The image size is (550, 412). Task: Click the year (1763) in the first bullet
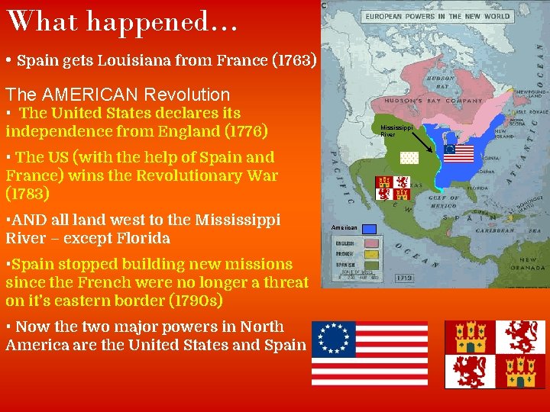click(x=294, y=60)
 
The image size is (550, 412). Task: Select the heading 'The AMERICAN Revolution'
click(x=118, y=95)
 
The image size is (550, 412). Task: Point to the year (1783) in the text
click(x=27, y=194)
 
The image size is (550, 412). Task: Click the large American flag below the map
click(x=370, y=353)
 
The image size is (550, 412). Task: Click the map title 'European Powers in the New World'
click(x=437, y=16)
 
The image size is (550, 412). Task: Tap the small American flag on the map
click(x=459, y=153)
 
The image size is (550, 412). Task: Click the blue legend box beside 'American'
click(x=370, y=228)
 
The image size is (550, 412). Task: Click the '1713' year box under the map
click(x=405, y=278)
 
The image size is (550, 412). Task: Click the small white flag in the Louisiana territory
click(x=409, y=158)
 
